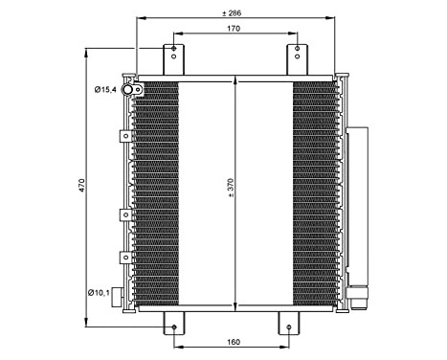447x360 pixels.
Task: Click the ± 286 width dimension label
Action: [x=235, y=13]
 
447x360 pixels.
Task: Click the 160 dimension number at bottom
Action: [x=234, y=341]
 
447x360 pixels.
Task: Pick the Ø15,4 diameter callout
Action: [x=104, y=89]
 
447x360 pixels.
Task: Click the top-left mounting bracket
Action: [x=173, y=57]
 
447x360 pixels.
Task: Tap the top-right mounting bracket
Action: [x=297, y=57]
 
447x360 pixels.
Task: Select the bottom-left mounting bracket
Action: [x=173, y=323]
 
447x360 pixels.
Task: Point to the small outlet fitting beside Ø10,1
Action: [x=121, y=296]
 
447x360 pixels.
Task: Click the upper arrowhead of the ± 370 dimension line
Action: [x=235, y=84]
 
